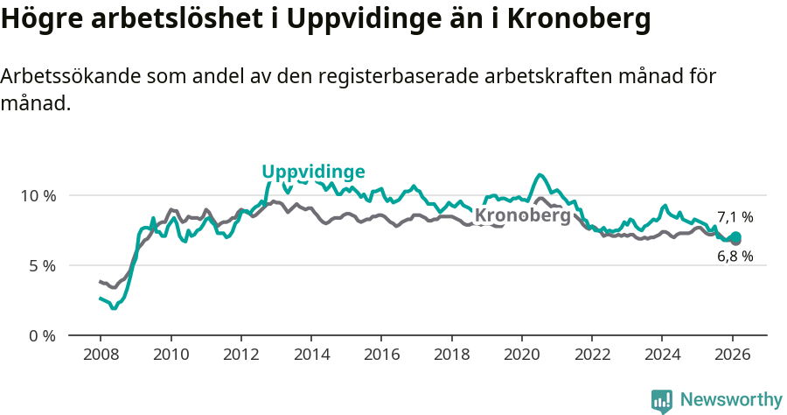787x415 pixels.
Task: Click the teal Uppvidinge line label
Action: tap(313, 172)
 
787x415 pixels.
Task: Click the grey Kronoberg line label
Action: tap(522, 215)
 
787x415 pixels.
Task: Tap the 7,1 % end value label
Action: tap(735, 217)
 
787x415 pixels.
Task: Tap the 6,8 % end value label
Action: tap(735, 257)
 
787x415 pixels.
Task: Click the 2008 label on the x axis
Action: tap(100, 355)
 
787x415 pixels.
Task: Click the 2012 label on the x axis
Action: tap(240, 355)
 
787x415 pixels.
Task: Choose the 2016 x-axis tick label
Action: tap(381, 355)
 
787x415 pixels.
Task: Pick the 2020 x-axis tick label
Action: tap(522, 355)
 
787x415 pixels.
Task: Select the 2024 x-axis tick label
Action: tap(662, 355)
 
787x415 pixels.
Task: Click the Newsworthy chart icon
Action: tap(662, 401)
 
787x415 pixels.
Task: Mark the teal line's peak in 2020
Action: tap(540, 175)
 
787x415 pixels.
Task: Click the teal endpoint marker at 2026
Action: tap(736, 236)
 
